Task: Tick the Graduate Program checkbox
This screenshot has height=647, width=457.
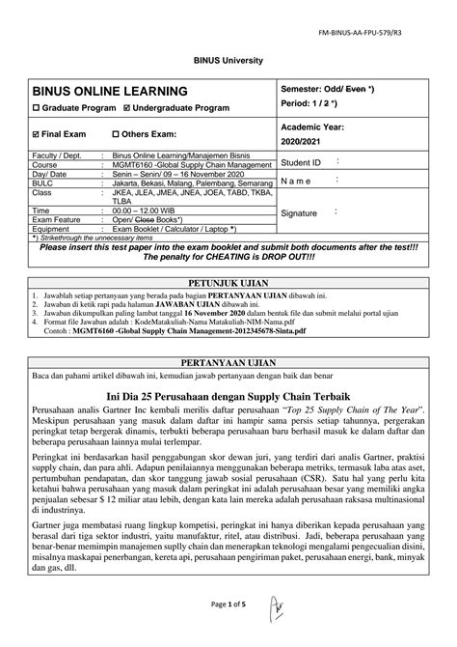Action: coord(35,109)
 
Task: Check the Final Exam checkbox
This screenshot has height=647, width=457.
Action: coord(36,133)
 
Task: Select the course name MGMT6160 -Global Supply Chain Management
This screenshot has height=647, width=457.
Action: coord(188,165)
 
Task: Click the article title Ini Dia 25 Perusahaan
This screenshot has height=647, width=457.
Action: coord(228,394)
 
